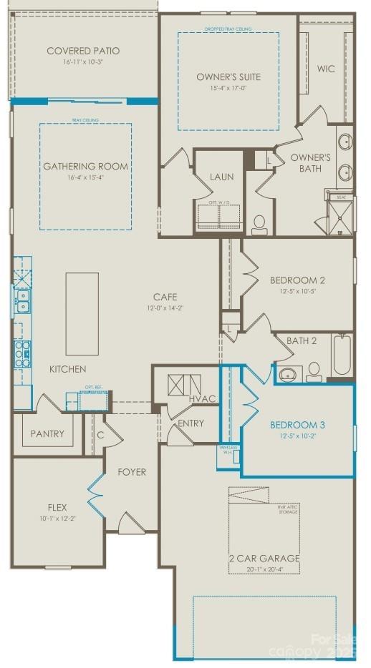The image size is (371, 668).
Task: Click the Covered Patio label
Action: (x=83, y=51)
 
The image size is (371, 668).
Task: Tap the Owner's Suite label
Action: (x=228, y=77)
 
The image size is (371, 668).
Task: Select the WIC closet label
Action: (x=327, y=69)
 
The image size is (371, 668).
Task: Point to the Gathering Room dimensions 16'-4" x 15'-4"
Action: (x=85, y=177)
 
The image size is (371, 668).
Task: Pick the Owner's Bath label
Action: (x=311, y=163)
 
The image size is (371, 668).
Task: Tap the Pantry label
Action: (x=47, y=433)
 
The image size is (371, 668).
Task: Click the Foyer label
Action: (x=132, y=472)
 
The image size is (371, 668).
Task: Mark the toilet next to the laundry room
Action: (x=259, y=224)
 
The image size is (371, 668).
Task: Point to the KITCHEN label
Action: (x=68, y=369)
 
